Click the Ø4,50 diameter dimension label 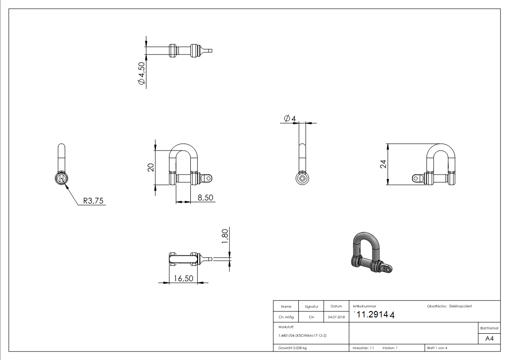coord(141,73)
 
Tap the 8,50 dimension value coord(205,197)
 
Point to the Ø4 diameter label coord(290,118)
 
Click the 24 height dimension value coord(383,164)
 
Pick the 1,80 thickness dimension coord(225,236)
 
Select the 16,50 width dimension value coord(184,278)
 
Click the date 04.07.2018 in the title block coord(336,317)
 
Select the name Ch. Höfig coord(286,317)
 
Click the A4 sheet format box coord(489,339)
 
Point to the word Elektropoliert coord(461,306)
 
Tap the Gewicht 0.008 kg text coord(292,348)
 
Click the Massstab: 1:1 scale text coord(363,348)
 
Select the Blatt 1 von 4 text coord(437,348)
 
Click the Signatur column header coord(311,306)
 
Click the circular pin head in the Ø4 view coord(302,178)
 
